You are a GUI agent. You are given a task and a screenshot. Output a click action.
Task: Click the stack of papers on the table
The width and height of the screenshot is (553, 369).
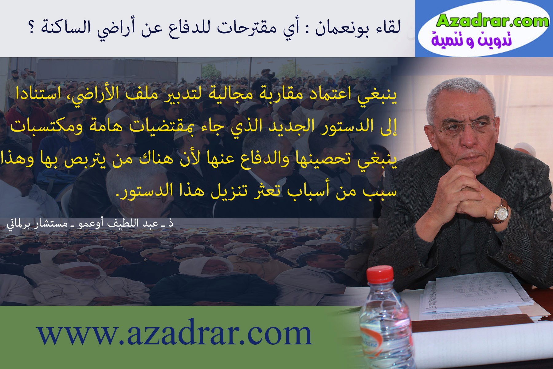[x=479, y=295]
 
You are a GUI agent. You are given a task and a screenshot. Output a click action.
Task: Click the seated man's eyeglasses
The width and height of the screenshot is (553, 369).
[x=464, y=126]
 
